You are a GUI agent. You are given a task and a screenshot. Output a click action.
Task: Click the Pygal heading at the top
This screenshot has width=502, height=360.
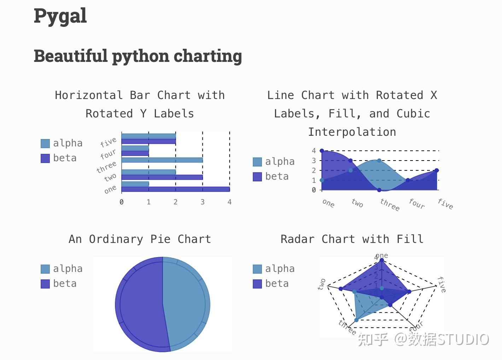pos(60,16)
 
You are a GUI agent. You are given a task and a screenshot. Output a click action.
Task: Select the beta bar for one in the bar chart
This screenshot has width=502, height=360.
pos(175,189)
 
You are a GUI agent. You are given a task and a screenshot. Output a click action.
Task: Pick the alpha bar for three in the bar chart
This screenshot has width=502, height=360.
pos(162,160)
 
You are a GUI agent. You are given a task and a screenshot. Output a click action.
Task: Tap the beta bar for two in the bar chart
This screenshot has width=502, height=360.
pos(162,177)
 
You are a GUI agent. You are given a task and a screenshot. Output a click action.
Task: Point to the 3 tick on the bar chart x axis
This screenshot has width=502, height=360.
pos(203,202)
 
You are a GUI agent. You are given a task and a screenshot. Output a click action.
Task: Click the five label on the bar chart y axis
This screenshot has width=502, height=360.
pos(108,142)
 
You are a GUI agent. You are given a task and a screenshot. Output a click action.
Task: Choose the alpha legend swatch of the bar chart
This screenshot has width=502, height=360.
pos(45,143)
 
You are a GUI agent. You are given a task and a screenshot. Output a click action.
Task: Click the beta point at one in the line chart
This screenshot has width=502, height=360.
pos(322,151)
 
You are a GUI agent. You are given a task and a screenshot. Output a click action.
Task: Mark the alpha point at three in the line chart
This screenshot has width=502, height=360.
pos(379,161)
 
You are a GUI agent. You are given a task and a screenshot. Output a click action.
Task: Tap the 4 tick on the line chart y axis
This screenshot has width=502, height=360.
pos(314,151)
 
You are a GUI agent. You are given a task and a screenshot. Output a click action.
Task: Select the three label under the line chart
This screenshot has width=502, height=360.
pos(390,204)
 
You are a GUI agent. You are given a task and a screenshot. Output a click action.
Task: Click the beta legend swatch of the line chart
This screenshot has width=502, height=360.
pos(257,176)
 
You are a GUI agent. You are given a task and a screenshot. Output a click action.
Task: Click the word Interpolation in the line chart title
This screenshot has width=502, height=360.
pos(352,132)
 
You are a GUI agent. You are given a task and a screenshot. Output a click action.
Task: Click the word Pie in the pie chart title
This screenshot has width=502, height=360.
pos(160,239)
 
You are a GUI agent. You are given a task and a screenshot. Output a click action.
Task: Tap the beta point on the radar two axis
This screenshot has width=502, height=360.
pos(341,289)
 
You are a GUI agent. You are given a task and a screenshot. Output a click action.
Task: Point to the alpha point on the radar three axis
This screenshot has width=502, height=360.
pos(356,320)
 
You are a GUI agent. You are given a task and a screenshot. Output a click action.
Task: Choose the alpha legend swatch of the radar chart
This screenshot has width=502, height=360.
pos(257,269)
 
